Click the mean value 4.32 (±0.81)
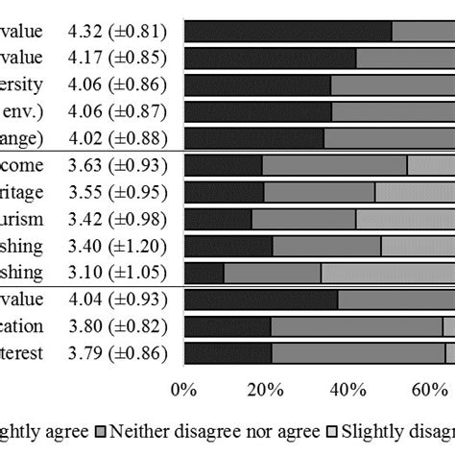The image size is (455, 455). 118,32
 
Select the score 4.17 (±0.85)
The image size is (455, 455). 118,59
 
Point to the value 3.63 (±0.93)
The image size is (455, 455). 118,165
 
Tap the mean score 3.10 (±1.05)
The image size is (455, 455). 118,273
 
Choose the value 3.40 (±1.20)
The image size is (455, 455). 118,246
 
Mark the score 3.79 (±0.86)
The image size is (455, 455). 118,353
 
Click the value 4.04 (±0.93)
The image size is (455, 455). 118,299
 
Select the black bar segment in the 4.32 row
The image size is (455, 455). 287,32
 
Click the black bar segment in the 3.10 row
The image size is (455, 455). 204,273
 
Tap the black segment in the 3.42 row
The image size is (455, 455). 217,219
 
